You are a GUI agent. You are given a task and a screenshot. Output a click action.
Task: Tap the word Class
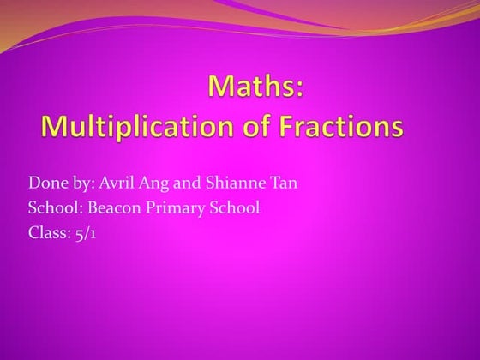[47, 231]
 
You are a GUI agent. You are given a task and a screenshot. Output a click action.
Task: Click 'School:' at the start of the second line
[53, 207]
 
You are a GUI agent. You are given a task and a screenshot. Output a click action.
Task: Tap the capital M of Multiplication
[53, 127]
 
